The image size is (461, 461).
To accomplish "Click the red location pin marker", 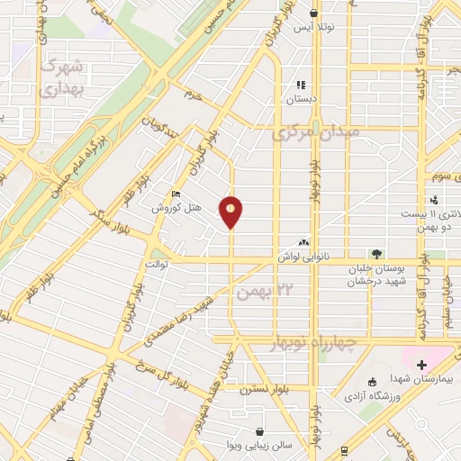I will (231, 211).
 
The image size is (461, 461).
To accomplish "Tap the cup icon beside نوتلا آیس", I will (313, 13).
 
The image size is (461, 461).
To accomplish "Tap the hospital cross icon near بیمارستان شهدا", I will (421, 365).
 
